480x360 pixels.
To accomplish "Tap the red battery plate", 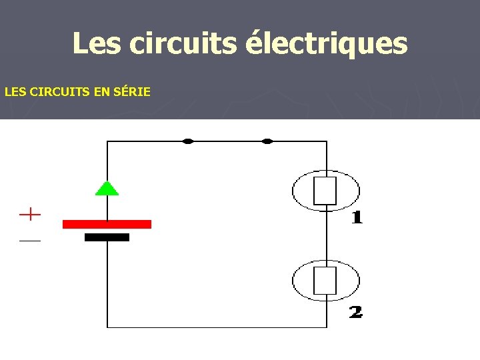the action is pos(107,224).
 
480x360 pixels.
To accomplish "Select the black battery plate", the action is pos(107,237).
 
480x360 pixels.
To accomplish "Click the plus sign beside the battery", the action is pos(30,215).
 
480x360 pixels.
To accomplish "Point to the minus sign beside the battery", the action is pos(30,240).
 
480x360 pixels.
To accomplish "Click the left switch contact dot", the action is pos(188,141).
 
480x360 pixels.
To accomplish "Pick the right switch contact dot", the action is pos(267,141).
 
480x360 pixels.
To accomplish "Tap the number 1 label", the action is pos(357,217).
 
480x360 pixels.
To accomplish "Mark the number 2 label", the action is pos(356,311).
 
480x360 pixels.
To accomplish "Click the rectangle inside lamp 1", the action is pos(326,190).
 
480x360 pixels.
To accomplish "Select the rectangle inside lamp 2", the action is pos(326,281).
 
